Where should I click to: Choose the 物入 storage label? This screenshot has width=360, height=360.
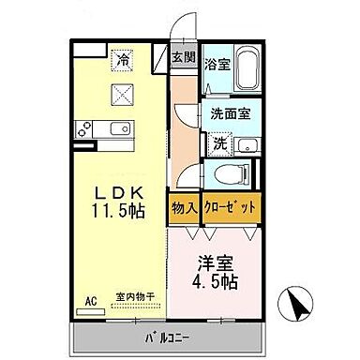click(184, 209)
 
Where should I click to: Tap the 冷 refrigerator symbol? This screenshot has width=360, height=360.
click(122, 60)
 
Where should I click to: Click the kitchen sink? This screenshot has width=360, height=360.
click(118, 128)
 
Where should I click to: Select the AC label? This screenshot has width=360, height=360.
click(91, 300)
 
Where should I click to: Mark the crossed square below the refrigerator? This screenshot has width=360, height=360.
click(123, 92)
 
